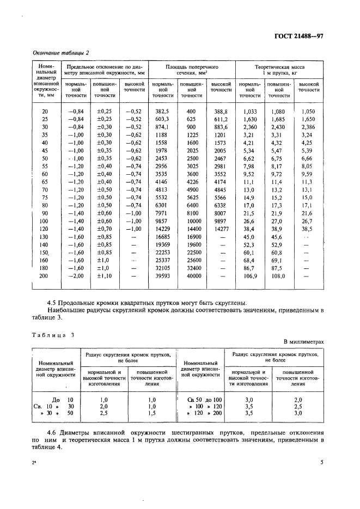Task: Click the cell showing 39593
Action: point(162,277)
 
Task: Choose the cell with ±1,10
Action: point(103,277)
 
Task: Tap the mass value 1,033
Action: point(249,111)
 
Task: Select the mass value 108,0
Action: point(278,277)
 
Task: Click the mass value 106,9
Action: point(249,277)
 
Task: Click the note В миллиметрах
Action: point(303,342)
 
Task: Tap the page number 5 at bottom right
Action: point(322,463)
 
